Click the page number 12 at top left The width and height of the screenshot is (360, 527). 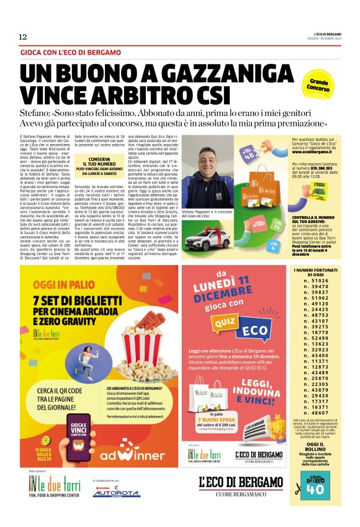point(22,38)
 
